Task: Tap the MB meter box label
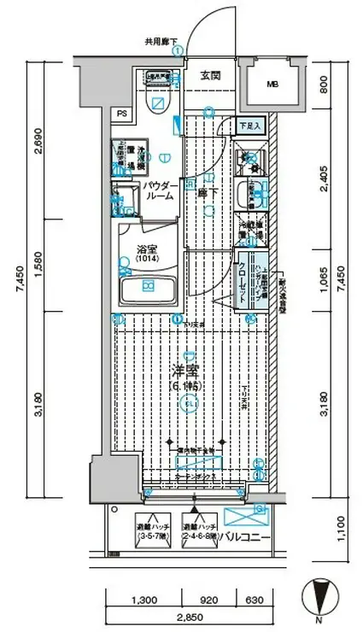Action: (x=272, y=85)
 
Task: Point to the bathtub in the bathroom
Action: (x=149, y=290)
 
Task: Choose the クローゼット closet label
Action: (x=243, y=278)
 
